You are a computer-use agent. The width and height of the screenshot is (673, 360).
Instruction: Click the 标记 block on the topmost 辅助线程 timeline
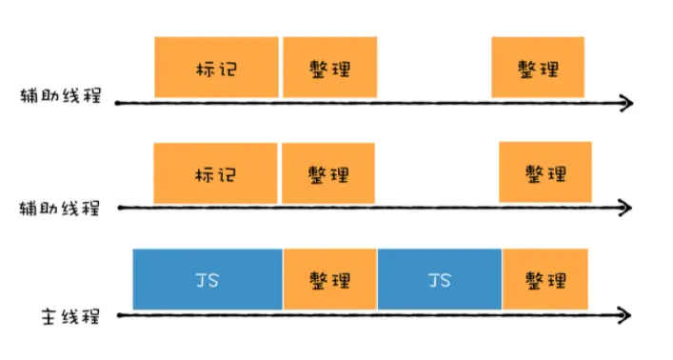[216, 67]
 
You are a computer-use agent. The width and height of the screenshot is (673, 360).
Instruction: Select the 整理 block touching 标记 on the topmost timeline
[328, 67]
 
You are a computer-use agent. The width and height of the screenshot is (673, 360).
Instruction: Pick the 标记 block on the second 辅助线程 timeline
[216, 173]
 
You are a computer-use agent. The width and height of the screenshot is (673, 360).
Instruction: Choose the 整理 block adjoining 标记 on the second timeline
[328, 173]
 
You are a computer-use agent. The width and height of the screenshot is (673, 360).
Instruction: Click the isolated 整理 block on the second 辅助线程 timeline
[545, 173]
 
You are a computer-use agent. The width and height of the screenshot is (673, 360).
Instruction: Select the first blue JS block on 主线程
[208, 280]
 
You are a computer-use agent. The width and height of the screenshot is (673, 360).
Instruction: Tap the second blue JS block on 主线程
[440, 280]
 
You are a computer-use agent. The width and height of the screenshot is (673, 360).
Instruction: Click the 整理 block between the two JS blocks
[329, 280]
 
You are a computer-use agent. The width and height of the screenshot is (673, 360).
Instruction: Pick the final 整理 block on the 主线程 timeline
[545, 280]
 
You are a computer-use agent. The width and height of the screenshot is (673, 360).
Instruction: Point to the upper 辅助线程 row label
[60, 98]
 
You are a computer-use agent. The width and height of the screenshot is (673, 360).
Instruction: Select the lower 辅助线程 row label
[60, 207]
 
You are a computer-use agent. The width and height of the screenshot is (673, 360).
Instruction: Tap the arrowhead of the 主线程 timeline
[626, 313]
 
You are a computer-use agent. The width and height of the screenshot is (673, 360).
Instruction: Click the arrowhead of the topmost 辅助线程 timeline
[626, 101]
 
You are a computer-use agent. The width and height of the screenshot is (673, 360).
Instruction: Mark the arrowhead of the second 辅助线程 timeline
[626, 207]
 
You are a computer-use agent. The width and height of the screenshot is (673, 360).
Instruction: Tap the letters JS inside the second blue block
[440, 280]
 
